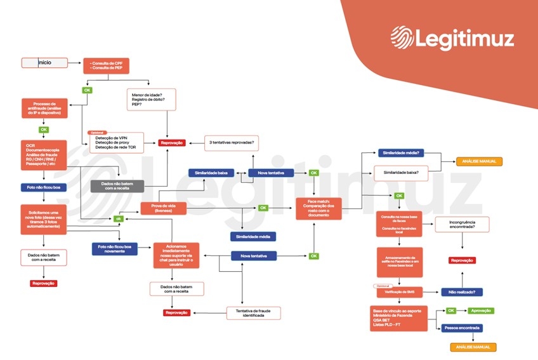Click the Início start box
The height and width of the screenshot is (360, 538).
pos(44,63)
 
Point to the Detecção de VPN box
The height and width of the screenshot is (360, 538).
pos(116,142)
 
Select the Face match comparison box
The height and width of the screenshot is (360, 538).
pos(318,208)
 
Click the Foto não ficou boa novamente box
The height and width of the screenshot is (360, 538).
pos(114,248)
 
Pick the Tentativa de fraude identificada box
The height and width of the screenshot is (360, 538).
pos(253,312)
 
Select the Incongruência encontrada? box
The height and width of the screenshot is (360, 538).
pos(461,223)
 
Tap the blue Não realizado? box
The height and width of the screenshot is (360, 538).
pos(461,292)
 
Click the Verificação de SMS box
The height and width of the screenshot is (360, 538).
pos(399,292)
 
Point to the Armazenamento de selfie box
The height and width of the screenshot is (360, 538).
pos(399,262)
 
